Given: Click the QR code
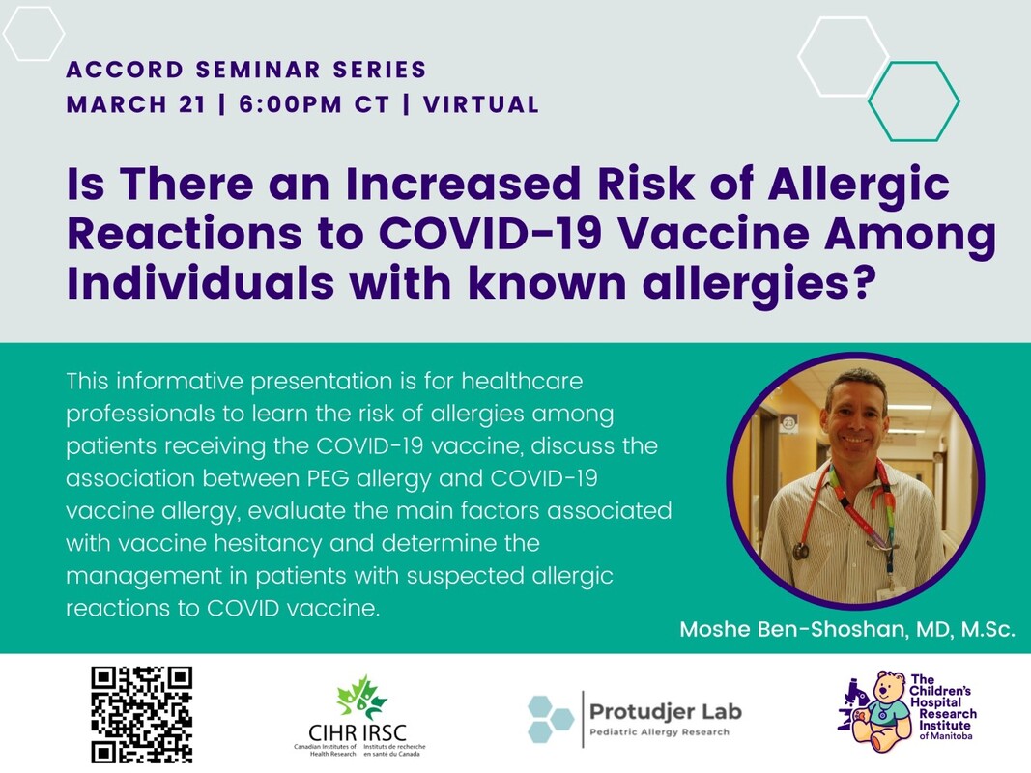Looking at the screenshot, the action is (x=141, y=714).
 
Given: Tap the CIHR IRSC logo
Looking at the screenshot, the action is (x=359, y=716).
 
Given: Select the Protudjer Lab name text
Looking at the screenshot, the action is (x=666, y=711).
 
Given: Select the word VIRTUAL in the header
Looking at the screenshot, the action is (x=481, y=104).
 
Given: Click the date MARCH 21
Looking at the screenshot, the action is (x=136, y=104).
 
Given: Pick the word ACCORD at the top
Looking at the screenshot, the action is (x=125, y=69).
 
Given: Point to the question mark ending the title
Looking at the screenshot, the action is (x=866, y=283).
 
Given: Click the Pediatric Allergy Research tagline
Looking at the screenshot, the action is (x=660, y=732).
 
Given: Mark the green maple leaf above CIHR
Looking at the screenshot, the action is (x=360, y=698).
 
